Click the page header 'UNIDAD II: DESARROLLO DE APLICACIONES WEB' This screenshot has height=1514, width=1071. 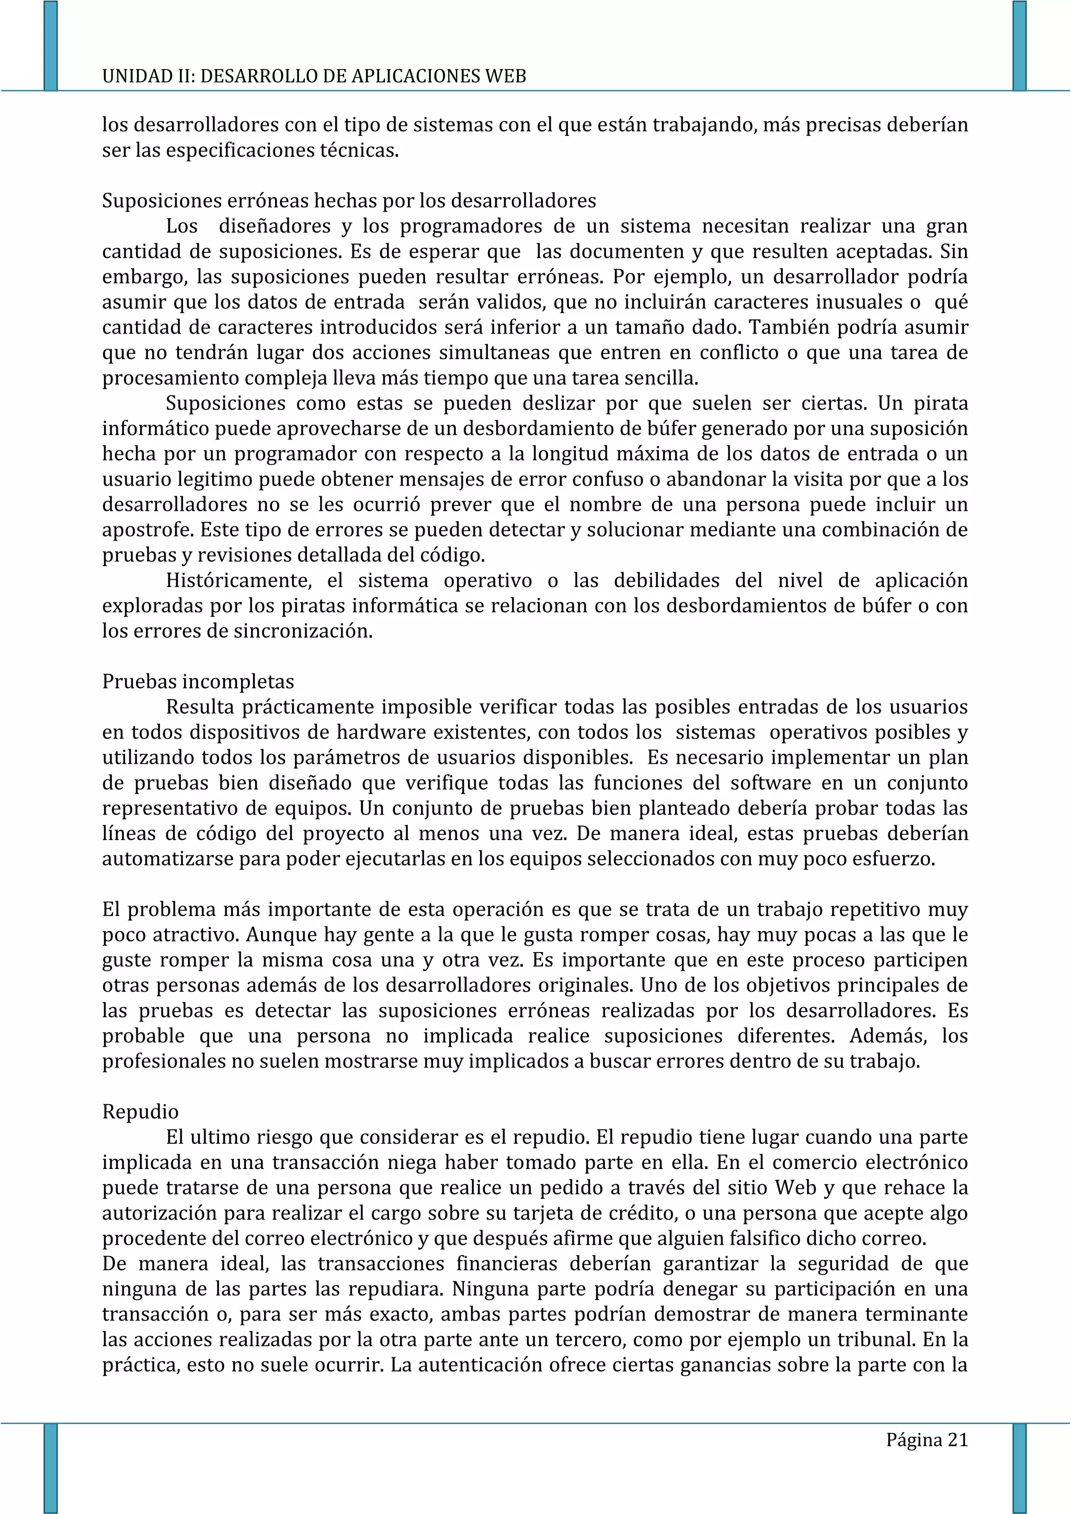(314, 76)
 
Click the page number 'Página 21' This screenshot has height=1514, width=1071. (927, 1440)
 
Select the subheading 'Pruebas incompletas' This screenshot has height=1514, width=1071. (198, 681)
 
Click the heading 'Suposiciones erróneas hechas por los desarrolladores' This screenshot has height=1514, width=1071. (349, 200)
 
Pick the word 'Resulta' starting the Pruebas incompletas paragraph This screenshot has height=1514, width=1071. (200, 707)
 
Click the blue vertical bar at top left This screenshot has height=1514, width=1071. (50, 45)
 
